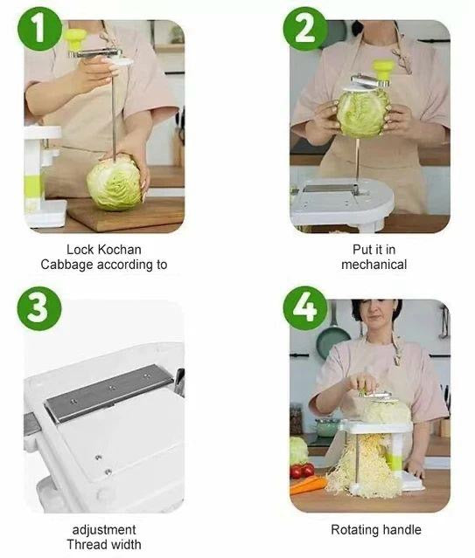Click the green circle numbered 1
(39, 29)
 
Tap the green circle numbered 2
(305, 29)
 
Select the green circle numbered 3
(39, 308)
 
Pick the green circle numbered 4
(305, 308)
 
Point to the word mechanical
(374, 265)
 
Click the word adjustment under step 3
(104, 529)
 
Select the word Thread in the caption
(84, 545)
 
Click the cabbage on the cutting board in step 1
(115, 183)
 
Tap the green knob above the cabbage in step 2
(383, 70)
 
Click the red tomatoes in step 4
(302, 471)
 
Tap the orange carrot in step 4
(307, 485)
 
